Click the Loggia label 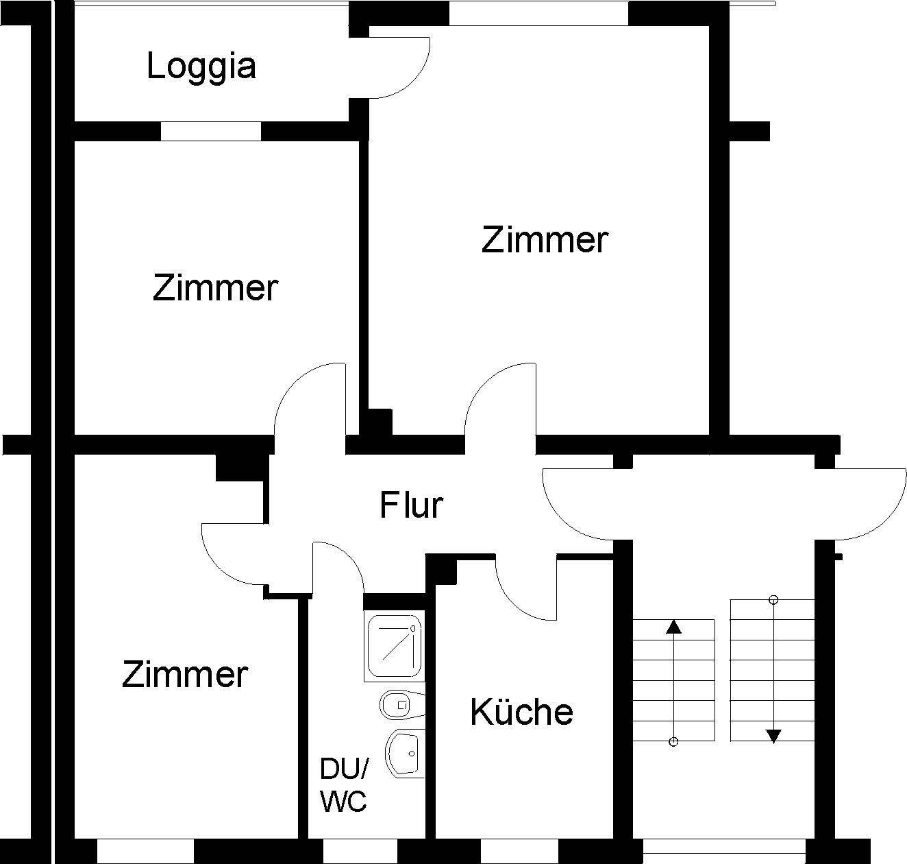pos(201,67)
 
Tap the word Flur pos(411,505)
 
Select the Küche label pos(521,712)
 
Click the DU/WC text pos(344,785)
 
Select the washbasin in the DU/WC pos(404,754)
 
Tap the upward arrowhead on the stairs pos(674,626)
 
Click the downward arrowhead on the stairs pos(773,736)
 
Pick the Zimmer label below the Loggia pos(214,287)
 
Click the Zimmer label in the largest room pos(545,240)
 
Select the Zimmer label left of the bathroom pos(184,674)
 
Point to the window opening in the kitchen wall pos(519,851)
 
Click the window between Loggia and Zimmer pos(211,131)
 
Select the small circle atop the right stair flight pos(773,600)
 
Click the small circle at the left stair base pos(673,741)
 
